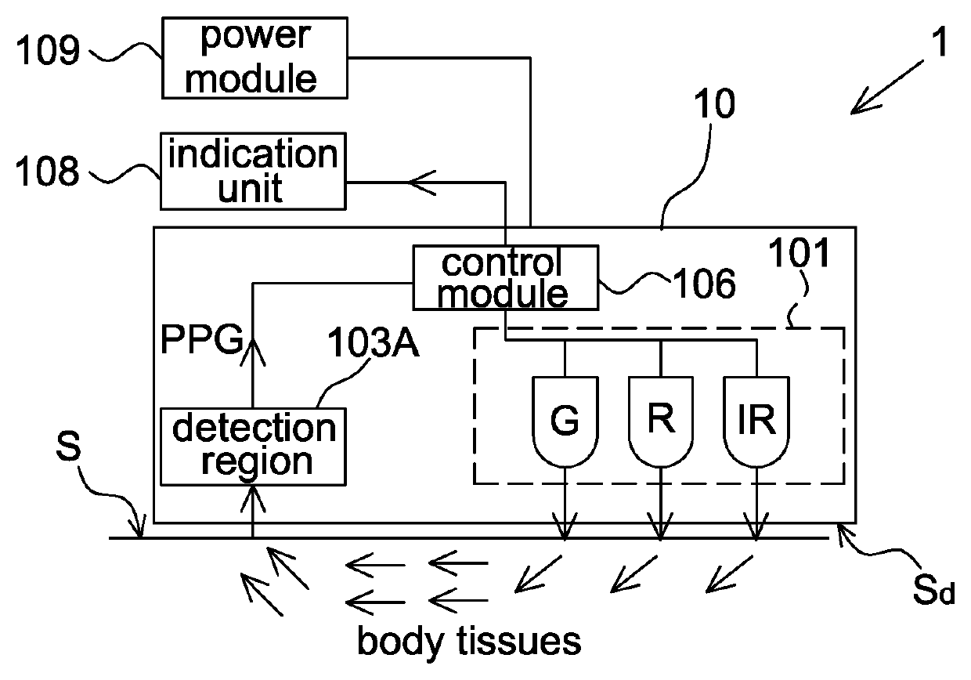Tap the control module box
pos(505,278)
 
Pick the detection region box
pos(252,446)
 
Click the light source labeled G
pos(564,422)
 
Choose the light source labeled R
pos(660,422)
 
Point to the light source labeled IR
pos(756,422)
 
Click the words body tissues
pos(469,642)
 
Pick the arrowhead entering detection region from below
pos(253,495)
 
